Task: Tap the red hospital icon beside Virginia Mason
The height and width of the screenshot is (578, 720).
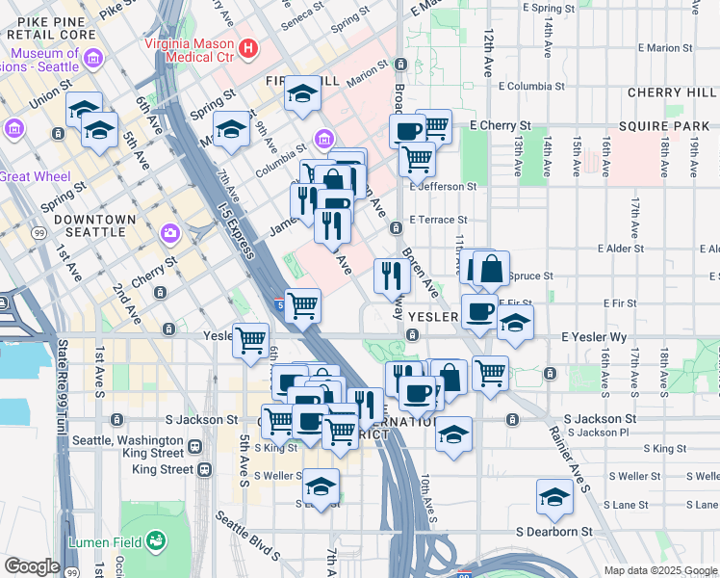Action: pos(248,46)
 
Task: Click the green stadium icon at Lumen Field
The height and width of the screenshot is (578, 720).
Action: pos(156,542)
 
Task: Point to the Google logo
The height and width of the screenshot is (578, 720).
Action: pos(32,566)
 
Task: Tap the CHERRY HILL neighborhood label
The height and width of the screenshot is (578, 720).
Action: pos(667,92)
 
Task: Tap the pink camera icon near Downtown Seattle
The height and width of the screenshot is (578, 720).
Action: pos(170,232)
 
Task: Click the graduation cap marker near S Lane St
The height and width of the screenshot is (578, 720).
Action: pos(554,498)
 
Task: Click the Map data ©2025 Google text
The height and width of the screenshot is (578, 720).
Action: pos(659,570)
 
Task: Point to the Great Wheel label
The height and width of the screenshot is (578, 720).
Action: pos(27,176)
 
